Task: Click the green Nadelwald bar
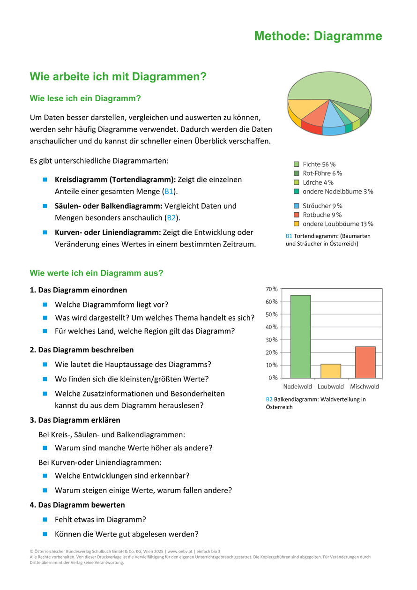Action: click(x=300, y=336)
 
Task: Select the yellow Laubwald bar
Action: click(x=331, y=371)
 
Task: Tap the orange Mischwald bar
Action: click(x=365, y=362)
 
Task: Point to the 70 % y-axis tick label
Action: click(x=272, y=289)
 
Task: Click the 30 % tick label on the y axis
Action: click(x=272, y=340)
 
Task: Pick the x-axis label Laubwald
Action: click(x=331, y=387)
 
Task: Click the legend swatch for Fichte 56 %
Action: click(x=296, y=164)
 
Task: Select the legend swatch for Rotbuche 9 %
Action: click(x=296, y=215)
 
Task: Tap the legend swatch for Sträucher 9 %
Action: click(x=296, y=206)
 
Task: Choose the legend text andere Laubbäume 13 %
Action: click(x=338, y=224)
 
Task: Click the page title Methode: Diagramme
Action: click(x=318, y=36)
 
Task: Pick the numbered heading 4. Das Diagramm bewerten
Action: click(x=77, y=505)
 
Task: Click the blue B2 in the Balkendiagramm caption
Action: click(x=269, y=399)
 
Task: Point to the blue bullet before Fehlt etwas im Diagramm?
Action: click(x=45, y=519)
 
